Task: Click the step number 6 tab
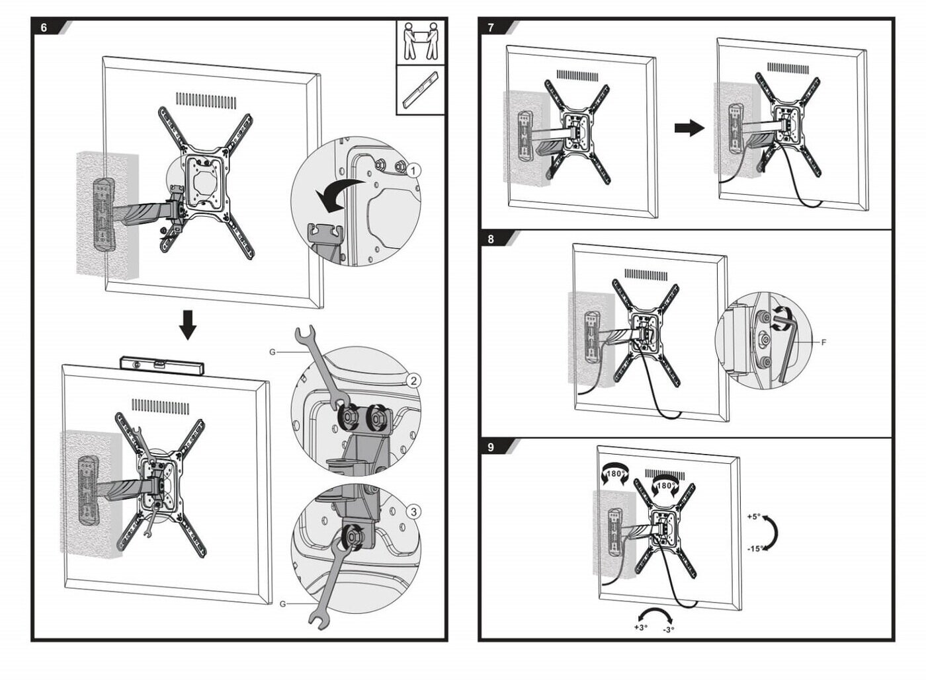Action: point(45,28)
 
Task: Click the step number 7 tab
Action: point(491,28)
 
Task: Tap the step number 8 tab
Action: point(491,239)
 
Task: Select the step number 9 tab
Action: point(491,447)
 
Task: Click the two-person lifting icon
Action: point(421,41)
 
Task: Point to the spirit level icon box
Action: point(421,90)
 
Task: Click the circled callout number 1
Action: point(413,170)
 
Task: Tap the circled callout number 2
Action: point(413,381)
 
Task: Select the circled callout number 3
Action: point(413,511)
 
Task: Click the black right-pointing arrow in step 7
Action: point(689,128)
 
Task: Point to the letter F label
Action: point(823,342)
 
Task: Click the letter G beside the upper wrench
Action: point(273,352)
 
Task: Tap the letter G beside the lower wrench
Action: point(282,603)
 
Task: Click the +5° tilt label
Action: point(754,517)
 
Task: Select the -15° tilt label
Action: point(755,548)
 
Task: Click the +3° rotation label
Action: point(640,627)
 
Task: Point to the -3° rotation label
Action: point(669,630)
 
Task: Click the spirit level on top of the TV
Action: point(161,363)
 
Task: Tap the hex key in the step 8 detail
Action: point(787,344)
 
